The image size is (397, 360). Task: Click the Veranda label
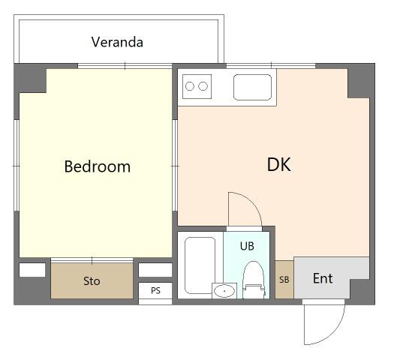click(117, 42)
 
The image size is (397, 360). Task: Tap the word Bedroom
click(98, 166)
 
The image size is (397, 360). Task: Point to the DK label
click(278, 164)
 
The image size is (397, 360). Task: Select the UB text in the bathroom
click(247, 246)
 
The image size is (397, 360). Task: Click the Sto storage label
click(92, 281)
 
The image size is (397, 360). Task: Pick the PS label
click(155, 290)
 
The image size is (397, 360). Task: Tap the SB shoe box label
click(284, 280)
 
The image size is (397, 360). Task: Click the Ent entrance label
click(323, 278)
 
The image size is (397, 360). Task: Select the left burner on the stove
click(190, 86)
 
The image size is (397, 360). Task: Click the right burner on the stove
click(203, 86)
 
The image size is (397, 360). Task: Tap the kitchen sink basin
click(252, 87)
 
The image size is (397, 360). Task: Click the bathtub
click(200, 265)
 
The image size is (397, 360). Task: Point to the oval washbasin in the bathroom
click(224, 291)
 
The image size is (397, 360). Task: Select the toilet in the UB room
click(254, 280)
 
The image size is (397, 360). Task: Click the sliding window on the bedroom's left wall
click(17, 166)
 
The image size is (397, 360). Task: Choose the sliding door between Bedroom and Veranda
click(125, 66)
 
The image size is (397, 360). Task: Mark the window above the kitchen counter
click(271, 66)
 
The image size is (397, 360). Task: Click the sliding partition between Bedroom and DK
click(175, 166)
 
